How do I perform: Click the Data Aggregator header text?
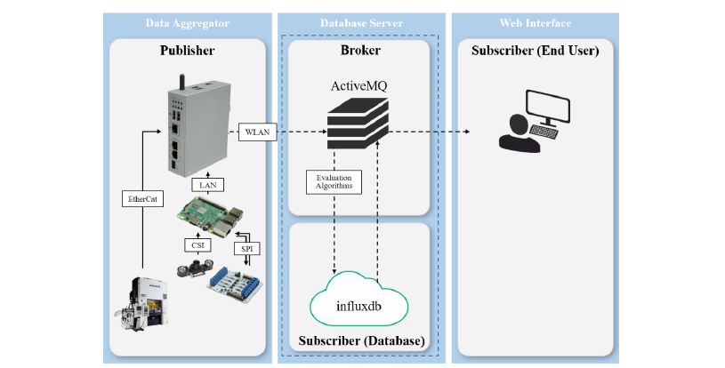pyautogui.click(x=187, y=22)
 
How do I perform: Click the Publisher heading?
pyautogui.click(x=187, y=51)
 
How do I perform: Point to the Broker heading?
pyautogui.click(x=359, y=51)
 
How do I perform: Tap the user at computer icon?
pyautogui.click(x=532, y=122)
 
